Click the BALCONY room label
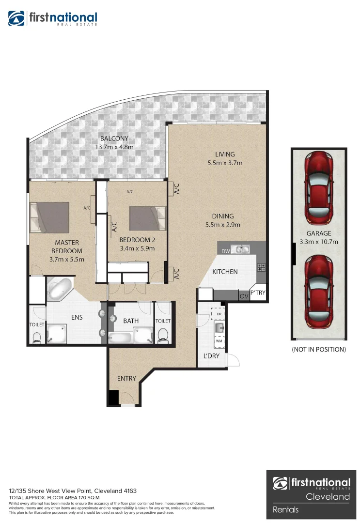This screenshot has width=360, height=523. pos(114,138)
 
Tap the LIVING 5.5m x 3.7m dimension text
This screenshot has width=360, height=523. pos(225,163)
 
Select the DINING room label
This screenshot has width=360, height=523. pos(222,216)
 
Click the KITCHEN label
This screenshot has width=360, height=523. pos(225,272)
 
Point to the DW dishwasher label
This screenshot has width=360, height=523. pos(225,251)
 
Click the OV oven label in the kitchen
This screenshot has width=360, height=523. pos(243,296)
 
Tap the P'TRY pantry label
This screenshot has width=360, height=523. pos(258,292)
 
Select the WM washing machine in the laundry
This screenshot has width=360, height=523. pos(219,341)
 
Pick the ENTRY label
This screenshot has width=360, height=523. pos(126,378)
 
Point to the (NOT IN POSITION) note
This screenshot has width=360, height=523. pos(319,349)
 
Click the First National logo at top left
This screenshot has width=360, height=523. pos(52,19)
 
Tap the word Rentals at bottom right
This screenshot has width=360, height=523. pos(286,509)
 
